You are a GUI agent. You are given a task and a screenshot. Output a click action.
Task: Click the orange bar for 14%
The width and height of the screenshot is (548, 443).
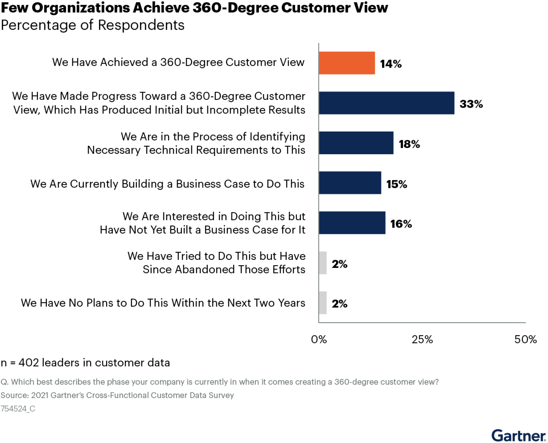(x=347, y=63)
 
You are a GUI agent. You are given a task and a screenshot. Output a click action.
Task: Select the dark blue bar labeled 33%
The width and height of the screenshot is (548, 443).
(x=386, y=103)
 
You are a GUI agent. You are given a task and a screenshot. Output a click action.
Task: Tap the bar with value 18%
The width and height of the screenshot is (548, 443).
(x=356, y=143)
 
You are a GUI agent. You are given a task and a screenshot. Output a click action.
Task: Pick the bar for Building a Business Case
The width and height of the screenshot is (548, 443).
(x=350, y=183)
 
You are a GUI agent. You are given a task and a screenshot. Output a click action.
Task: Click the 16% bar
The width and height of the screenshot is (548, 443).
(x=352, y=223)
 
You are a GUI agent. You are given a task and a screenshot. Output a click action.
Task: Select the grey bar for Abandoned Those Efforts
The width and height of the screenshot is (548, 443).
(x=323, y=263)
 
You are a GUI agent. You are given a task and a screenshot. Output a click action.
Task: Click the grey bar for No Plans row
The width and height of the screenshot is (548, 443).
(x=323, y=303)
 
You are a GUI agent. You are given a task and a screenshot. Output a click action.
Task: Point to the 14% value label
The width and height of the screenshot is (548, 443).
(x=391, y=64)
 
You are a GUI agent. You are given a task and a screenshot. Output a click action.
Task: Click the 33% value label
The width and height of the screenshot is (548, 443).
(x=471, y=104)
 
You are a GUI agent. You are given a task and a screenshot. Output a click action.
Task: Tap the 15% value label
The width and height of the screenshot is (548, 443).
(x=396, y=184)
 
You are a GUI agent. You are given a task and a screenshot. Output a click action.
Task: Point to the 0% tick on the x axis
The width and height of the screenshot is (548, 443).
(x=319, y=339)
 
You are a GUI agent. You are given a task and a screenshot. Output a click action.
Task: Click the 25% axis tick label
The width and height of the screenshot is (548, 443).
(x=422, y=339)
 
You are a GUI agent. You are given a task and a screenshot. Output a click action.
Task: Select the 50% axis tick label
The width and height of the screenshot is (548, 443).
(x=525, y=339)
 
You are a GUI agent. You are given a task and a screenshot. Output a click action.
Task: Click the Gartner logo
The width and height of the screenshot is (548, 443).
(x=518, y=435)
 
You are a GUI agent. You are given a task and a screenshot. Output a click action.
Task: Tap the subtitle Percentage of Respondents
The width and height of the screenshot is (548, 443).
(x=92, y=25)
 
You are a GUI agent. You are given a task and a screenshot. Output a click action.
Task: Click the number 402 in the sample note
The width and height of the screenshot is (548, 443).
(x=29, y=363)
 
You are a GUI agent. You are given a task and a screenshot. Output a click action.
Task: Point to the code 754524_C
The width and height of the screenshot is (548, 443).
(x=18, y=409)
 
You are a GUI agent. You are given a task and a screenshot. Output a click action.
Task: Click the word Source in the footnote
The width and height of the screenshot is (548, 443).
(x=14, y=395)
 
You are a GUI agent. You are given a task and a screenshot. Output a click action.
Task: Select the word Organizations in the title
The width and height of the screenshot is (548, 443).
(x=80, y=8)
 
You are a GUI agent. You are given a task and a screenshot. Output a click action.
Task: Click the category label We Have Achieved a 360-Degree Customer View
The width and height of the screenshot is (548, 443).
(x=178, y=62)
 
